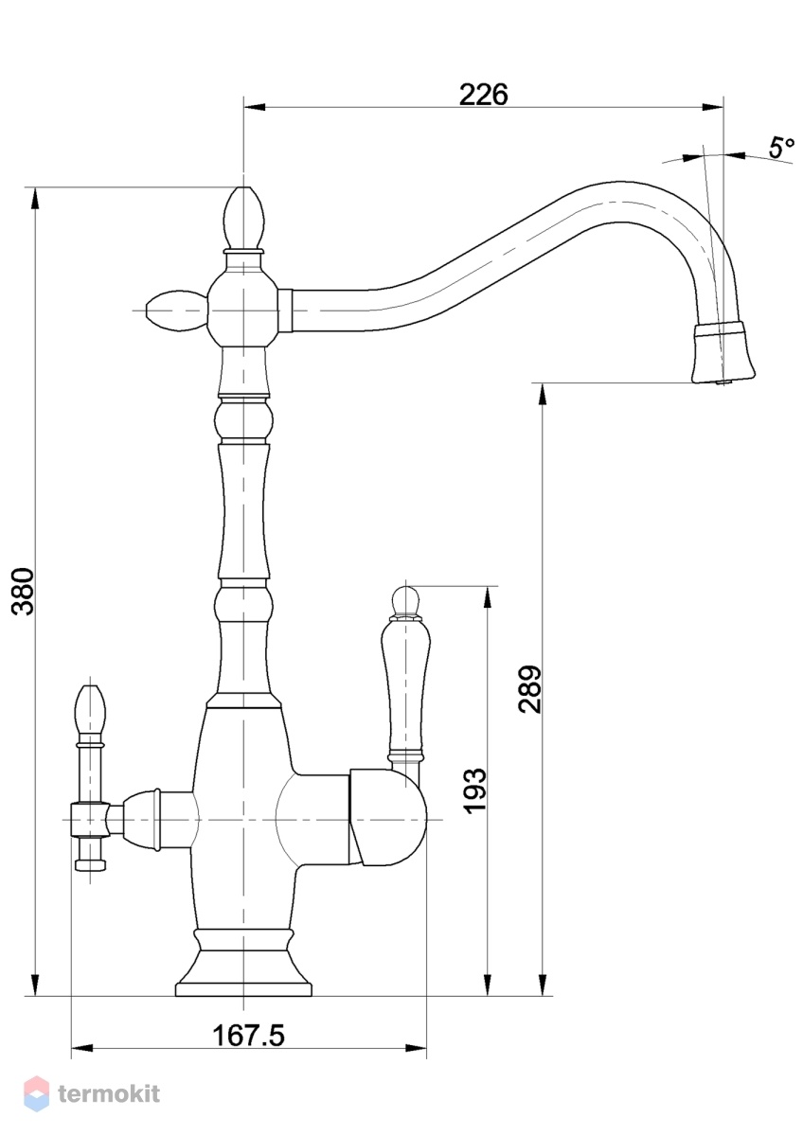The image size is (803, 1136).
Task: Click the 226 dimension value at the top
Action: (483, 95)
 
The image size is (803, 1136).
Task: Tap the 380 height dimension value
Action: (24, 592)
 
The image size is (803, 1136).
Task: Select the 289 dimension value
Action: (530, 690)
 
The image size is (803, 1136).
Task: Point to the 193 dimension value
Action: (475, 791)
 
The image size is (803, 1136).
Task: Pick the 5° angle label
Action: (782, 148)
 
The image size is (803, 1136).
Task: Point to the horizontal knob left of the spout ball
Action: (176, 311)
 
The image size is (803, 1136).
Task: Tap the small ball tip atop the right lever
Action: (405, 599)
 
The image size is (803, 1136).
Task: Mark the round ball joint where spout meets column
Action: (243, 310)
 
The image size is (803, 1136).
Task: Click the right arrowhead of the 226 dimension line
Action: (713, 107)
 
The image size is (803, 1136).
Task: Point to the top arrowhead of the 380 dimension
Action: (35, 199)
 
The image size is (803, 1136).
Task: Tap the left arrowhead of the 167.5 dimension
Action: (82, 1045)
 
